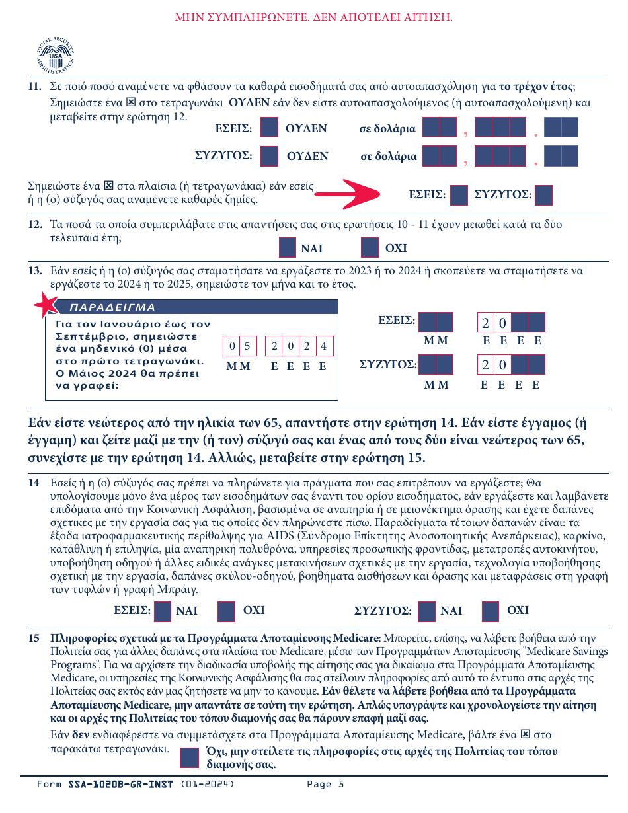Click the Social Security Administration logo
point(56,56)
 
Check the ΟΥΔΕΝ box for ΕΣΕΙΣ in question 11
point(269,128)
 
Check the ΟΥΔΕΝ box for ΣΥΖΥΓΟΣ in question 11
point(269,156)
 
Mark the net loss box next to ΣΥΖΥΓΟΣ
point(543,195)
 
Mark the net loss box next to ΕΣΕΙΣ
point(459,195)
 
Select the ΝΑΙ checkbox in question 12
point(288,248)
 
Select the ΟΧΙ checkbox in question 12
point(370,248)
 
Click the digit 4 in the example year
point(323,346)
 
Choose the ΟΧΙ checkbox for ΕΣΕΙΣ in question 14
point(227,611)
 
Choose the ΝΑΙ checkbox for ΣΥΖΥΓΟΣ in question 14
point(427,611)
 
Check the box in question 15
point(190,757)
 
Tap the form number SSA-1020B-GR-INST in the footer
point(120,785)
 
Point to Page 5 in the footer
point(325,785)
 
